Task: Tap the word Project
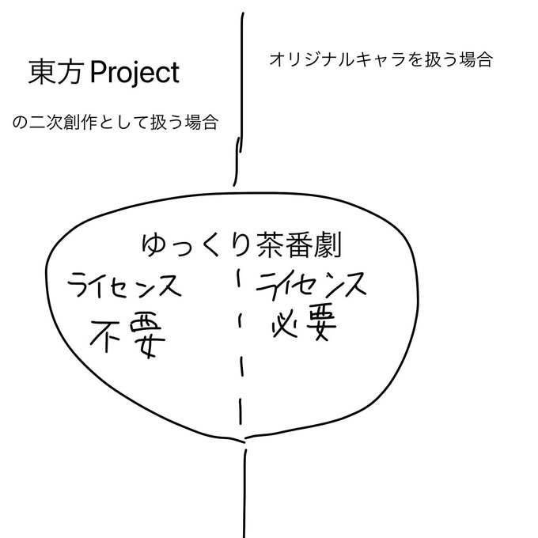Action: coord(135,74)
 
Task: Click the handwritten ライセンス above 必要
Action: coord(312,285)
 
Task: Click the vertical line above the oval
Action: coord(240,95)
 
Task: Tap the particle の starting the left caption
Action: coord(19,124)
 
